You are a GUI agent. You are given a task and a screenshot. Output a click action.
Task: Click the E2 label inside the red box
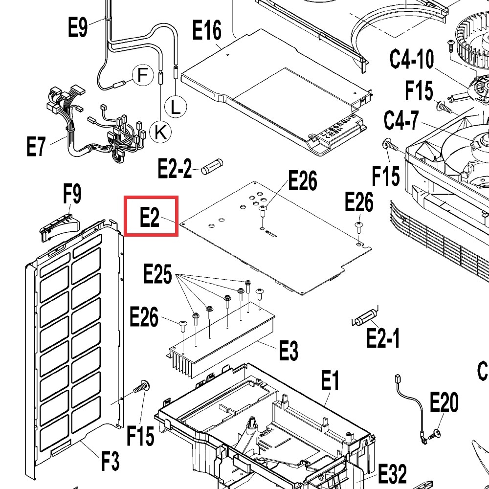coord(150,217)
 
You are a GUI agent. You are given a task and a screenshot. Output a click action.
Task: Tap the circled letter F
coord(142,75)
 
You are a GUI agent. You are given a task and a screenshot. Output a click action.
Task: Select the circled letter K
coord(160,131)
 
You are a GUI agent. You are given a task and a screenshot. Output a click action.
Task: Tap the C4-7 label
coord(400,120)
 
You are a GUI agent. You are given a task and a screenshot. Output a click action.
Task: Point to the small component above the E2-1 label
coord(363,318)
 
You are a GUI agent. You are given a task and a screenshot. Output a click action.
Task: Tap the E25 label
coord(157,274)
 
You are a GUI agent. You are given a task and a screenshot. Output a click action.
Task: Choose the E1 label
coord(330,380)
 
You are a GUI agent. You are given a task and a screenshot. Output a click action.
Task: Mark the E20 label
coord(444,403)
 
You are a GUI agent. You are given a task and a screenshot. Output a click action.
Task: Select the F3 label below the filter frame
coord(110,461)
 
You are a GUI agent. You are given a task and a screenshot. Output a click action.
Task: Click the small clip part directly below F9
coord(58,226)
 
